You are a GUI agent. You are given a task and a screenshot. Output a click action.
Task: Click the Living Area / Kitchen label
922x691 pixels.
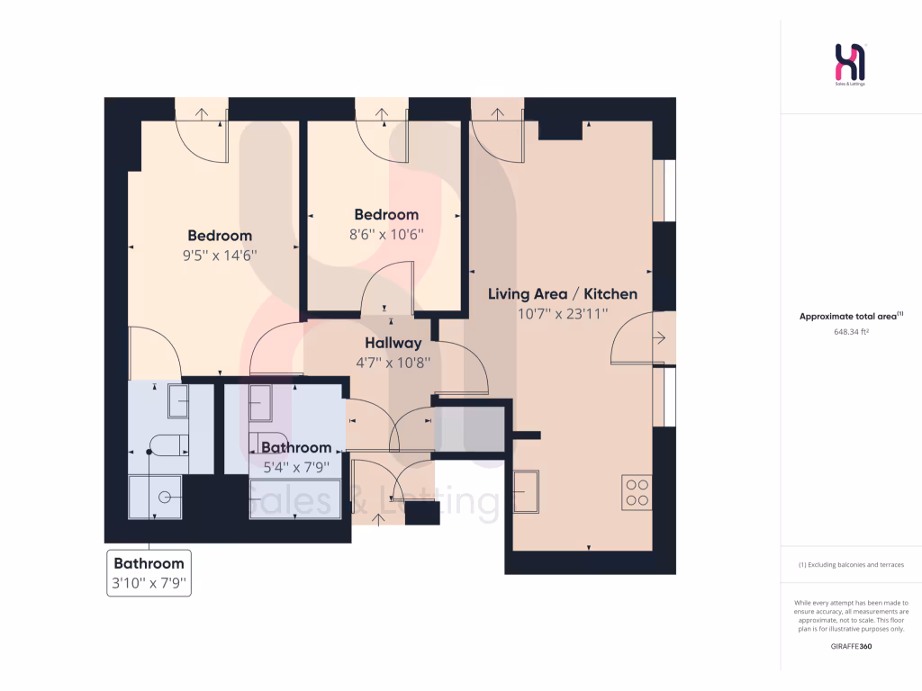coord(563,294)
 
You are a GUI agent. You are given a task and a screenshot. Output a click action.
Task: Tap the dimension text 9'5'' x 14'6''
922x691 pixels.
coord(220,255)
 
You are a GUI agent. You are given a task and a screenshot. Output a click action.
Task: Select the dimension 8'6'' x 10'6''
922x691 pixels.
coord(386,234)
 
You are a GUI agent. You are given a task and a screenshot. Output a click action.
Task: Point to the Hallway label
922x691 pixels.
coord(393,343)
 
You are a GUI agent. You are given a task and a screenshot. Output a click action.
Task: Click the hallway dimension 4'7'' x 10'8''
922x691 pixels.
coord(393,363)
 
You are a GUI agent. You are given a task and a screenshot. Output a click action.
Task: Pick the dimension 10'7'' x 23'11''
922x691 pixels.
coord(563,314)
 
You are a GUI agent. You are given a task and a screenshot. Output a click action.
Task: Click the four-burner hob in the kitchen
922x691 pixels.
coord(636,491)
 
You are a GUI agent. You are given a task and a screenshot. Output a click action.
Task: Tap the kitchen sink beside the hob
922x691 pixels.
coord(527,492)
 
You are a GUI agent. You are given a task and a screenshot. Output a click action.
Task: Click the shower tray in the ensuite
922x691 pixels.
coord(156,497)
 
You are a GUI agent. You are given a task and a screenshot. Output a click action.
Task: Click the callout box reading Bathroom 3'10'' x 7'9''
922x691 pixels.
coord(149,573)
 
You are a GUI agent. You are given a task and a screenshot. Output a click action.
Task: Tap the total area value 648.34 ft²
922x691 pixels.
coord(851,331)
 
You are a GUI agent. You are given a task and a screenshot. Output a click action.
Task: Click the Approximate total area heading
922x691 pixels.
coord(851,316)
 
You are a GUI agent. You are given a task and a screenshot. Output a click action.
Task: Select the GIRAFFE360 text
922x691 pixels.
coord(851,646)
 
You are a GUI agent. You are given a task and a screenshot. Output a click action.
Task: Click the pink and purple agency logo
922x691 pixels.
coord(851,64)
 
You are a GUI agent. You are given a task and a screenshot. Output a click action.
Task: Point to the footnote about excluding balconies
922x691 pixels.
coord(851,565)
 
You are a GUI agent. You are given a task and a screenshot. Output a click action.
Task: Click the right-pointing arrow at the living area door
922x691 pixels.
coord(660,338)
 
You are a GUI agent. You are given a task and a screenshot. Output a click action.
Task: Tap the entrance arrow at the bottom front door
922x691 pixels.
coord(375,521)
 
